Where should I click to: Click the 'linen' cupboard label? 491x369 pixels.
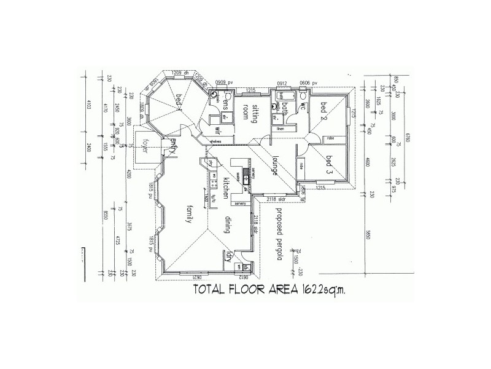(x=281, y=129)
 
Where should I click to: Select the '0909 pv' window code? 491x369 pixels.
(x=225, y=82)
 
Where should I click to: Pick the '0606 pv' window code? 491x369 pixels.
(x=307, y=82)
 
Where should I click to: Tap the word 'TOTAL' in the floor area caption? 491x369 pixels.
(x=212, y=290)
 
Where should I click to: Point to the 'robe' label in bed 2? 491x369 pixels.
(x=330, y=138)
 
